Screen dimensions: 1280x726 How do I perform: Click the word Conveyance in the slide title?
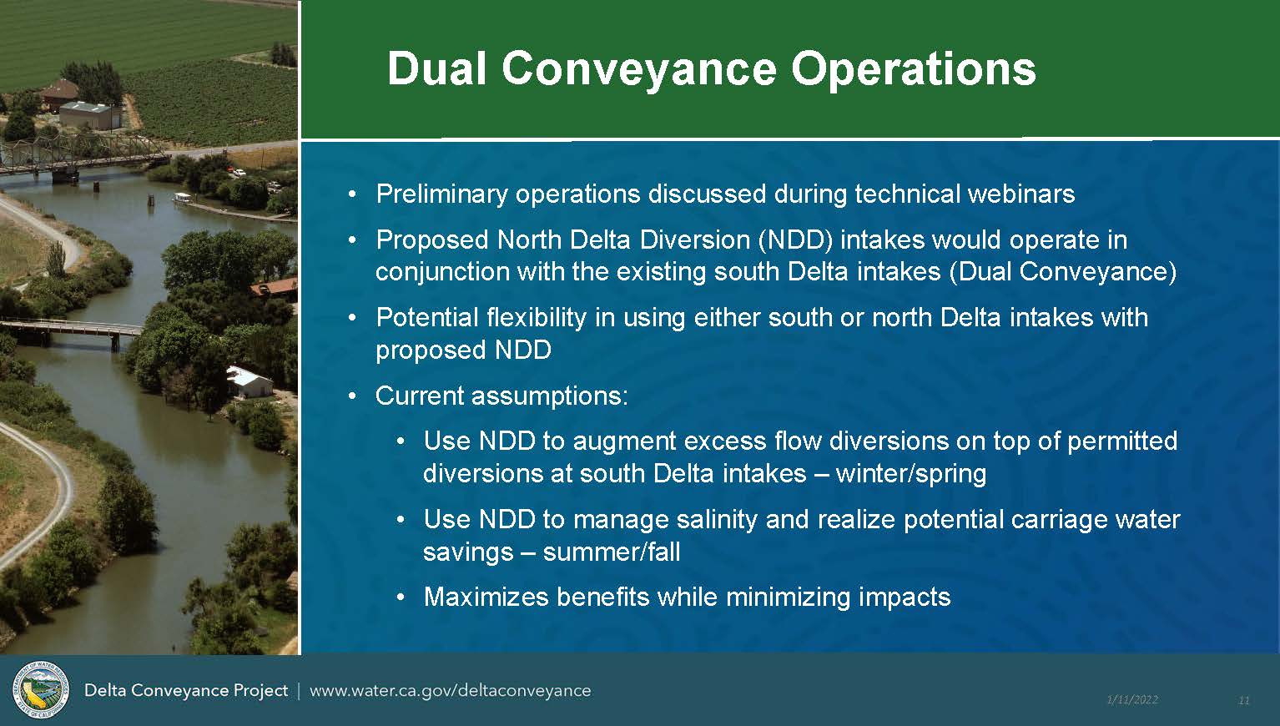[x=639, y=70]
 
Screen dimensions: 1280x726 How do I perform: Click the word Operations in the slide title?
[x=913, y=70]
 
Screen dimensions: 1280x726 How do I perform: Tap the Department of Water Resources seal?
[x=41, y=689]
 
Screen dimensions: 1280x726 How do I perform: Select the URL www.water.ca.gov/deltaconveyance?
[x=451, y=691]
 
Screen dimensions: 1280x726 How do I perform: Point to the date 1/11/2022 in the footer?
[x=1132, y=699]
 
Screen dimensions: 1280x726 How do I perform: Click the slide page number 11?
[x=1244, y=700]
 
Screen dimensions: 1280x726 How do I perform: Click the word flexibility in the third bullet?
[x=537, y=318]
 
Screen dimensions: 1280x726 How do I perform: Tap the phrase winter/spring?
[x=911, y=474]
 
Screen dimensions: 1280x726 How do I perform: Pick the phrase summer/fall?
[x=612, y=552]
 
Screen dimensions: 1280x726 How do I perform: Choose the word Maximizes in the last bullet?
[x=486, y=597]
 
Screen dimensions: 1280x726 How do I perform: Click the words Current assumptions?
[x=501, y=396]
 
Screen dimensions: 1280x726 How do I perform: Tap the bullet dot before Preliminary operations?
[x=352, y=195]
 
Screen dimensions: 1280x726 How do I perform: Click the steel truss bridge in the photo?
[x=80, y=155]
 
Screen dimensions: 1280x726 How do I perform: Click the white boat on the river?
[x=183, y=199]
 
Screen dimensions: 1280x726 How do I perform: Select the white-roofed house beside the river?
[x=249, y=382]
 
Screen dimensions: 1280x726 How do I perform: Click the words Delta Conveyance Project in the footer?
[x=186, y=691]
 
